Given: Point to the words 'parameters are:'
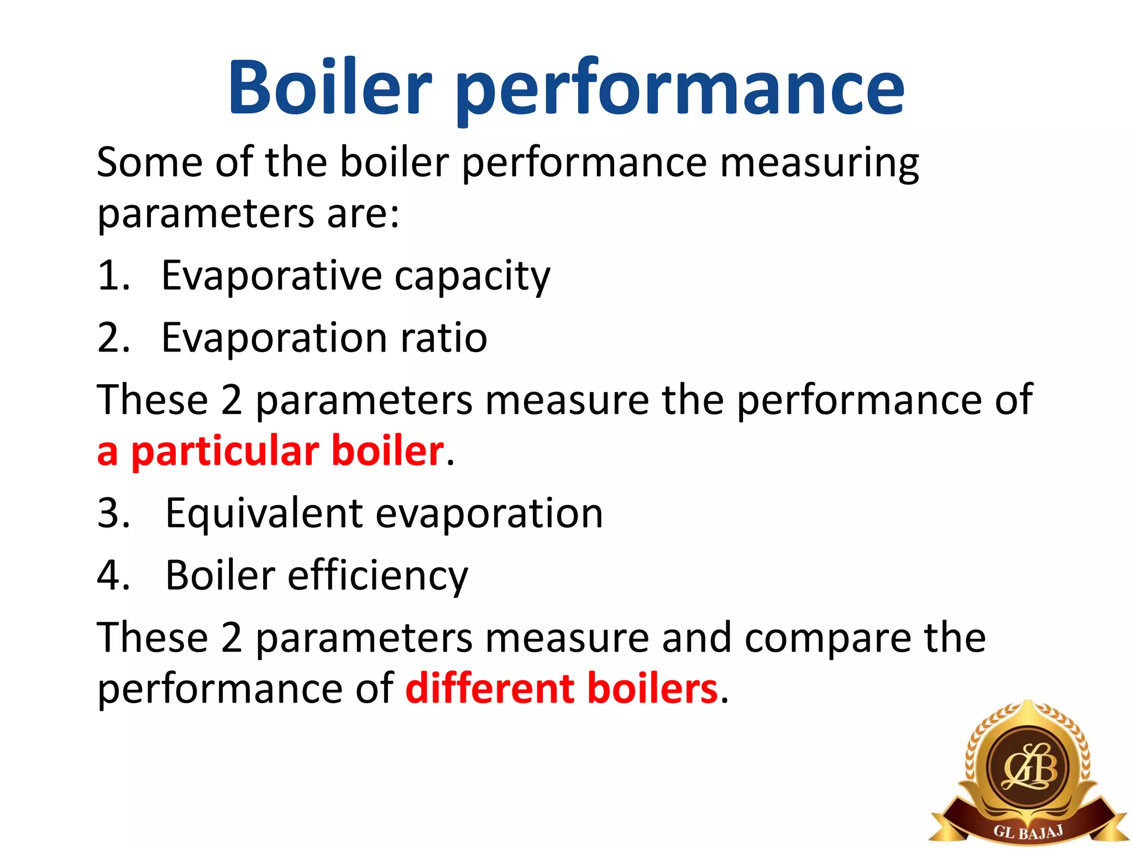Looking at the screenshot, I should pyautogui.click(x=248, y=214).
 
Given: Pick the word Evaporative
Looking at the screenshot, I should pyautogui.click(x=271, y=275).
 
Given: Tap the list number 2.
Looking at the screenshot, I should pyautogui.click(x=113, y=338).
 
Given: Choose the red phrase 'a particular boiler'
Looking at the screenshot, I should pyautogui.click(x=270, y=452).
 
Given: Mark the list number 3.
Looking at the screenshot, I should pyautogui.click(x=113, y=513).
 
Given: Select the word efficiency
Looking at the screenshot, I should pyautogui.click(x=378, y=577).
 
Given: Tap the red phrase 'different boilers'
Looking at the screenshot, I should pyautogui.click(x=562, y=689).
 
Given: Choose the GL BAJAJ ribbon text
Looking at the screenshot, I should pyautogui.click(x=1028, y=831).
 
